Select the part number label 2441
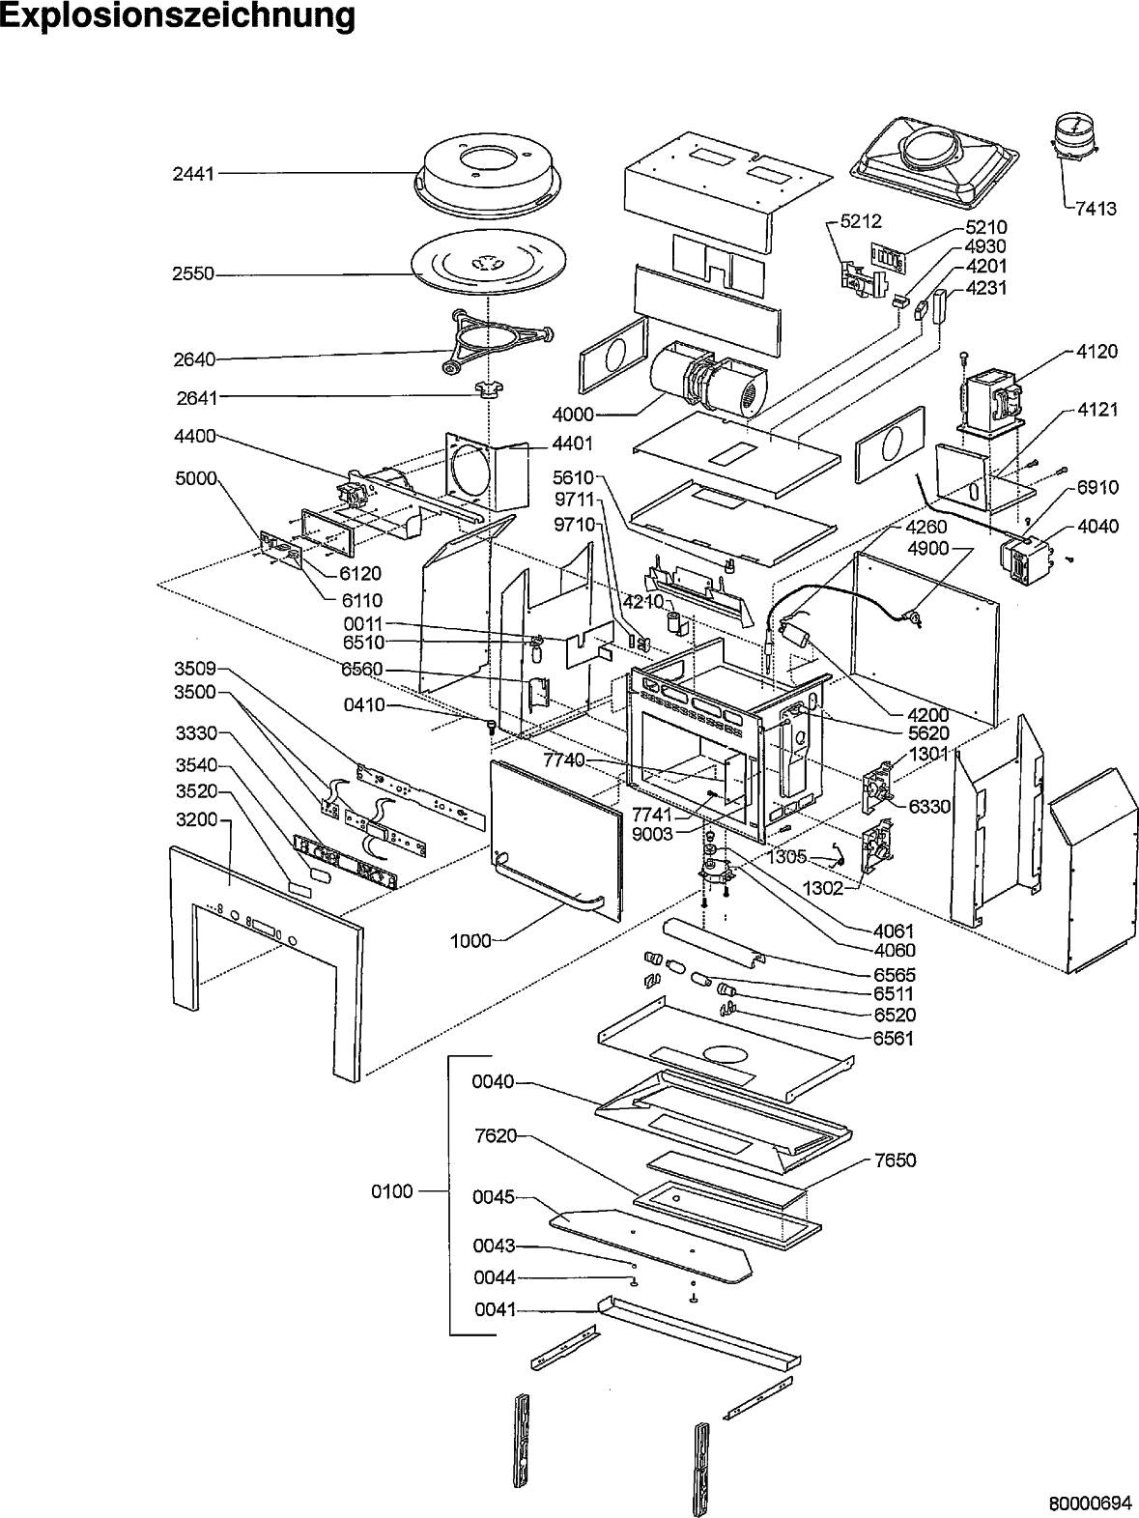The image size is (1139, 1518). (193, 174)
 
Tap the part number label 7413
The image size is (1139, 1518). (1096, 208)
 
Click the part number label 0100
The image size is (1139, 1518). (392, 1191)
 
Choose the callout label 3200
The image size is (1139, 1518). (198, 819)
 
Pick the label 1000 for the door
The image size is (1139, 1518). (471, 939)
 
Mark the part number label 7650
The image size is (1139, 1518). (896, 1160)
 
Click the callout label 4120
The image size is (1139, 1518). (1096, 351)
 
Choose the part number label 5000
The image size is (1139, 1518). (197, 478)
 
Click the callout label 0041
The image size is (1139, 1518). (495, 1310)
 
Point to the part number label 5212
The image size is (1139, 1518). (860, 221)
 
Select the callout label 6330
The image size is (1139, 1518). (929, 806)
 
